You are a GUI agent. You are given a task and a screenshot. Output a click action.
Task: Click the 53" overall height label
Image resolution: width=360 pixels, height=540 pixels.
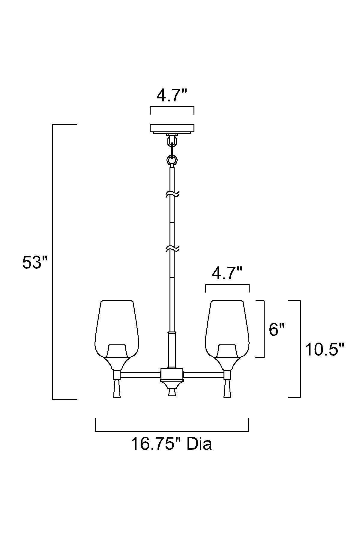click(x=35, y=263)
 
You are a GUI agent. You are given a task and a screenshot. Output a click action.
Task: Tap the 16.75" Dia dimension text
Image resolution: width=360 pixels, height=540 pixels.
click(x=171, y=444)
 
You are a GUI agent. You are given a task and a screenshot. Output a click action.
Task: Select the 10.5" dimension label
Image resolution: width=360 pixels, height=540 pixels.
click(x=324, y=349)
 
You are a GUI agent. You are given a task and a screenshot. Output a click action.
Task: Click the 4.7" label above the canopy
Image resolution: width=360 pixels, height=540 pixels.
click(x=172, y=95)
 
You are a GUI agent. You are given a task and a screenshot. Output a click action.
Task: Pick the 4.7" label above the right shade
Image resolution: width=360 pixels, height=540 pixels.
click(x=227, y=273)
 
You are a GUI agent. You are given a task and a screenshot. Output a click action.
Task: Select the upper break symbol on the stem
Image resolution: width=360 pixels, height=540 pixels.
click(x=172, y=194)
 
